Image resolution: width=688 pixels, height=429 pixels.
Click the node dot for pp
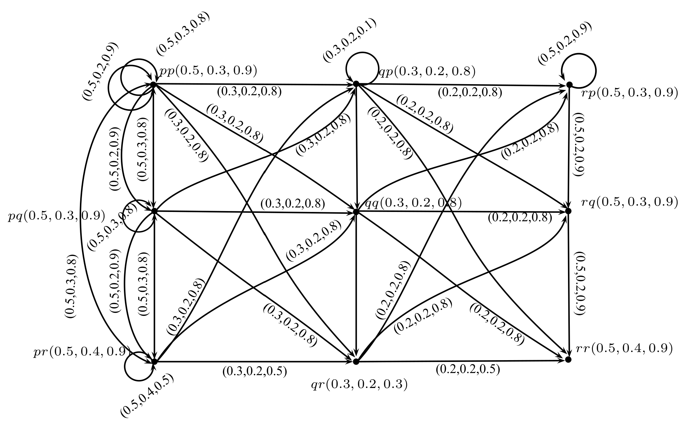[154, 85]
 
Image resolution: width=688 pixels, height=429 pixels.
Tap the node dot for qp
[356, 84]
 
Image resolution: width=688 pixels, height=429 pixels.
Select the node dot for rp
[569, 85]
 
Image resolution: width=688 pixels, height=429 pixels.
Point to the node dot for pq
[154, 211]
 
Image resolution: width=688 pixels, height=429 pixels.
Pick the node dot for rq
[569, 211]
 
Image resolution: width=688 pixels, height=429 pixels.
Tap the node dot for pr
[154, 361]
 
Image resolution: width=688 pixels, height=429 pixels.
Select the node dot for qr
[356, 362]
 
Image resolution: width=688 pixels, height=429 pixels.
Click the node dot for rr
[569, 359]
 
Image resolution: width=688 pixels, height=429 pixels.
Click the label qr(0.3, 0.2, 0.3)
[359, 385]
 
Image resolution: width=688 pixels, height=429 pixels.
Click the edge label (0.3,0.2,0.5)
[255, 372]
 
